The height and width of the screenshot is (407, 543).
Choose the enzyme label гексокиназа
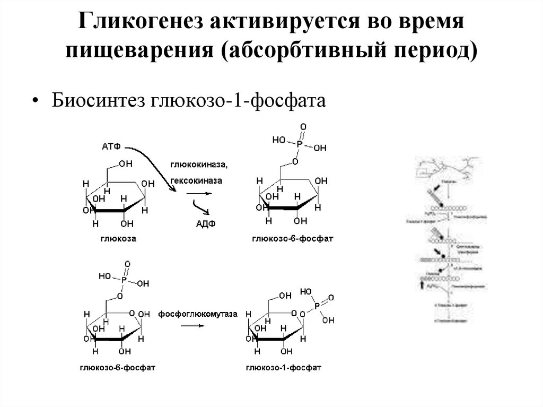[x=197, y=180]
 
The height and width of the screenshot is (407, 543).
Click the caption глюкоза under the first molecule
[x=119, y=239]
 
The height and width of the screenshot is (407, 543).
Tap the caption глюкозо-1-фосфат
[x=284, y=366]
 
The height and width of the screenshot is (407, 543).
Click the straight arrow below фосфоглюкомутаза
[x=193, y=326]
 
